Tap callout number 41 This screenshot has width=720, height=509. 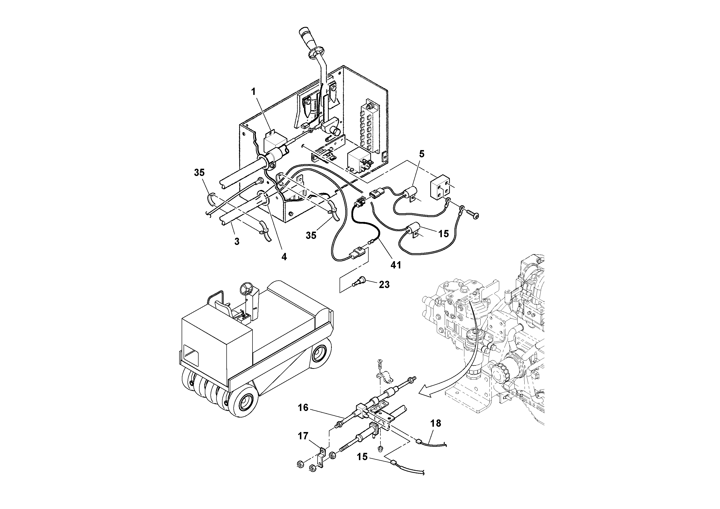pyautogui.click(x=396, y=265)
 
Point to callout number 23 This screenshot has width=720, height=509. pyautogui.click(x=384, y=285)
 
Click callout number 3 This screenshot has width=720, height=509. pyautogui.click(x=237, y=241)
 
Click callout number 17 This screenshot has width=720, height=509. pyautogui.click(x=303, y=436)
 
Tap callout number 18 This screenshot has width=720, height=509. pyautogui.click(x=436, y=423)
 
